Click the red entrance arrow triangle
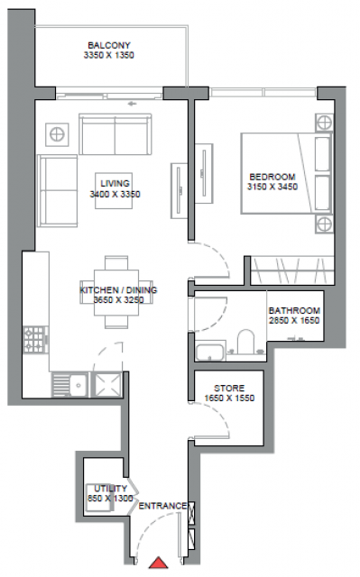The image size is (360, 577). (158, 563)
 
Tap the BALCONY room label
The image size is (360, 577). (109, 45)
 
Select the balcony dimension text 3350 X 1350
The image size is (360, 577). (109, 55)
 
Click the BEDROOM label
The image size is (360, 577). (272, 177)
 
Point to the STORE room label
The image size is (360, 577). (229, 389)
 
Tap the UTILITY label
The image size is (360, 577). (110, 489)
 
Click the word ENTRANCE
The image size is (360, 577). (162, 506)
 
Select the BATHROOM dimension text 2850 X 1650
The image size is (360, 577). (294, 321)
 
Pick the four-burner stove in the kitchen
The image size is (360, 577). (36, 339)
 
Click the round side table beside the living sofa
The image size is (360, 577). (57, 134)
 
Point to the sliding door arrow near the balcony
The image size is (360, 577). (132, 104)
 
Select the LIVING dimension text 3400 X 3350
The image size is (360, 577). (115, 195)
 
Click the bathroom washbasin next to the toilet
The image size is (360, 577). (210, 351)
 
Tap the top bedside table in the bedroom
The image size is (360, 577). (324, 123)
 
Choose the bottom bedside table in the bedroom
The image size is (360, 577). (324, 224)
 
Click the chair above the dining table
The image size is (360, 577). (116, 262)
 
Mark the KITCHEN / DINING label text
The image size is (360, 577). (118, 290)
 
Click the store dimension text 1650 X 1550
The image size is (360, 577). (229, 398)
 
